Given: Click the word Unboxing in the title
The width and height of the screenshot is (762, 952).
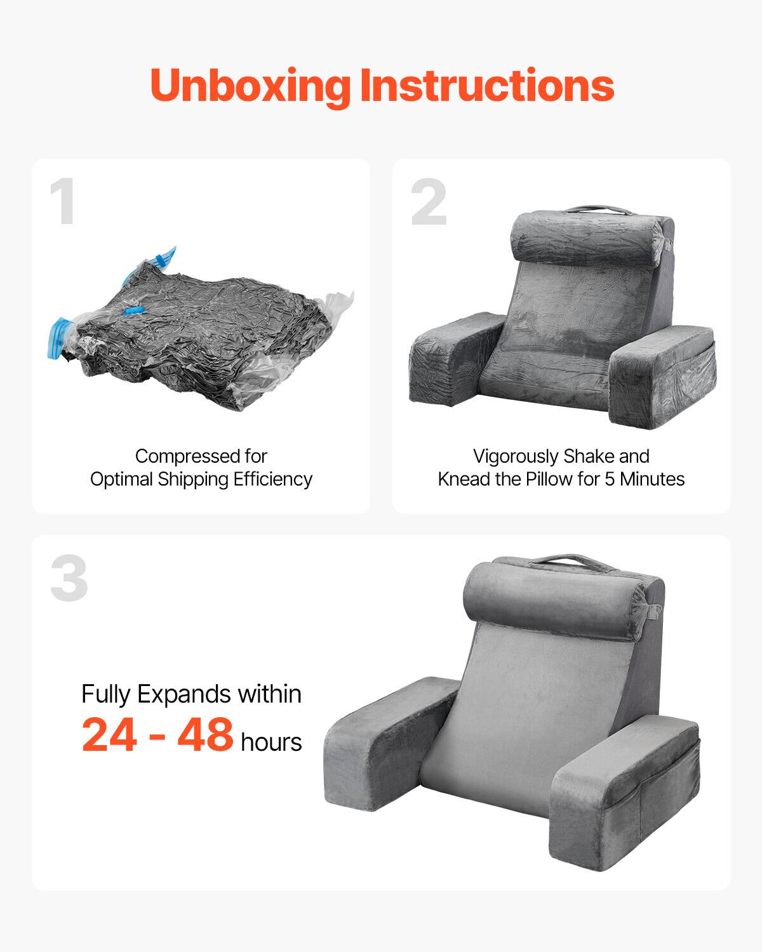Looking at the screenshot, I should [250, 86].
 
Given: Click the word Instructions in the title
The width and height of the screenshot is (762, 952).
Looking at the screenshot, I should [487, 86].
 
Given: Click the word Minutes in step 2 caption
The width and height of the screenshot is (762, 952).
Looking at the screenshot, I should [652, 479].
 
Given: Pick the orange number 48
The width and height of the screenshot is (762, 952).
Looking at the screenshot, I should [205, 735].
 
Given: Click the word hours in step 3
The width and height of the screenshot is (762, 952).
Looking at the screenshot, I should [271, 742].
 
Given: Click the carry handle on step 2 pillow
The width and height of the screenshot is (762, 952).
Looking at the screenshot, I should [593, 209].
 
